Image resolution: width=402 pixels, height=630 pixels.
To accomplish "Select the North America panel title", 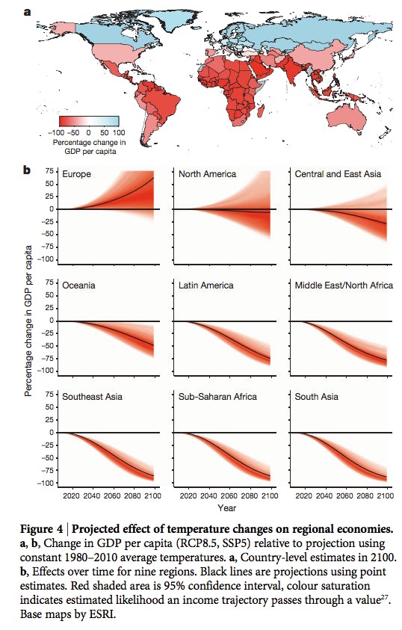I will click(207, 174).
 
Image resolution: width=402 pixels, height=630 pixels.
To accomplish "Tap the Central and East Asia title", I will click(338, 174).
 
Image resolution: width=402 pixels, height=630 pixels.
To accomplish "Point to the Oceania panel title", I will click(79, 285).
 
